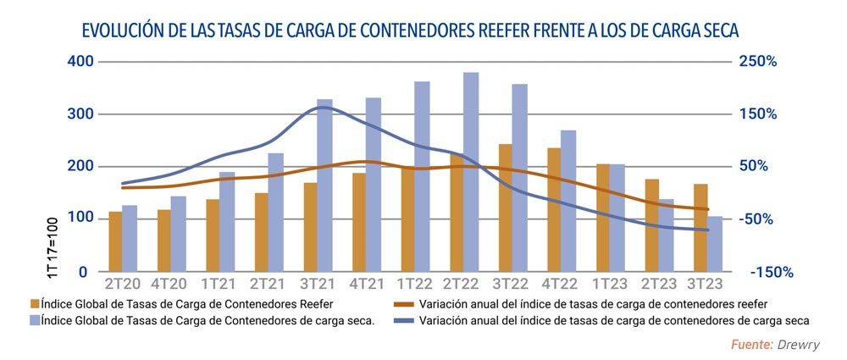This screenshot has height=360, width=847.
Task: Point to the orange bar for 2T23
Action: click(x=651, y=225)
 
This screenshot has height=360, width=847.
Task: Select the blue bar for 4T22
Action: click(x=568, y=201)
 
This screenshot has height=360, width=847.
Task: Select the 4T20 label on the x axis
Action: click(x=170, y=282)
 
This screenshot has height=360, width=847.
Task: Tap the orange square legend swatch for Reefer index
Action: click(x=34, y=303)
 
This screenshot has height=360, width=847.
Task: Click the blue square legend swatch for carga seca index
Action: click(x=34, y=321)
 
